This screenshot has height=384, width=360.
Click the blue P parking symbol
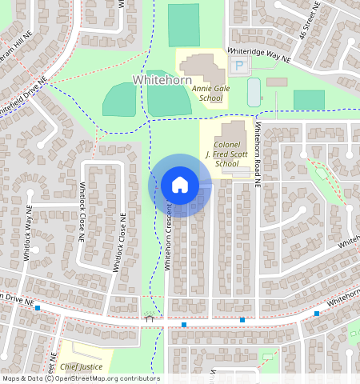click(x=238, y=64)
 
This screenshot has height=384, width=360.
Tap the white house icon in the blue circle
click(x=180, y=185)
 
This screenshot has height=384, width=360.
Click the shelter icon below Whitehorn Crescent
click(x=149, y=318)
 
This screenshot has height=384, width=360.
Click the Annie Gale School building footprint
click(x=203, y=67)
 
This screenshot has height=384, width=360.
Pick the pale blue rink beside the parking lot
click(x=254, y=92)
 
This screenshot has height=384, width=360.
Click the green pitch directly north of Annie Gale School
click(x=183, y=25)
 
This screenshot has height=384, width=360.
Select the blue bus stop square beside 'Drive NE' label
click(x=38, y=307)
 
